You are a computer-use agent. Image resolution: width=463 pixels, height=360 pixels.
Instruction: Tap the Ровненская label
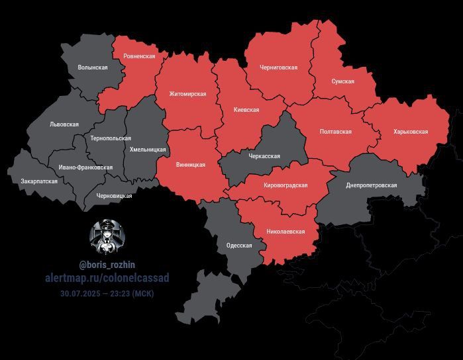(139, 56)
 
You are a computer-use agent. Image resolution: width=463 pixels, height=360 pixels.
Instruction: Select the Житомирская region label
(187, 94)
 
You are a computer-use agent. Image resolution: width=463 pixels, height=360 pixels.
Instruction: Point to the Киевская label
(246, 110)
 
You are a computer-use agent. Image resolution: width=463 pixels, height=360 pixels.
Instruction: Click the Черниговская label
(279, 67)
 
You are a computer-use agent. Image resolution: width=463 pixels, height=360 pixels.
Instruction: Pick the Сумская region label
(342, 81)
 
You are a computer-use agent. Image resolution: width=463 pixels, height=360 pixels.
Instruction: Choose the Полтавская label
(335, 132)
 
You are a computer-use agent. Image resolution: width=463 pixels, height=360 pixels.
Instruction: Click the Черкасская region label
(264, 157)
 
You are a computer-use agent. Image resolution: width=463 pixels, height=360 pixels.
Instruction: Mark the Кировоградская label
(285, 185)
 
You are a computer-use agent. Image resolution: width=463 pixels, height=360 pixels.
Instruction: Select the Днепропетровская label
(371, 185)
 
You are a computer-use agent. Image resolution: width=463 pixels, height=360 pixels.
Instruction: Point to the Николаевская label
(285, 232)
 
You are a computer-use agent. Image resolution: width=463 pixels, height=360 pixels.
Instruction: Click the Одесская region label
(239, 246)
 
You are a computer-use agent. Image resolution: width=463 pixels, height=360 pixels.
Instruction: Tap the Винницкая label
(191, 165)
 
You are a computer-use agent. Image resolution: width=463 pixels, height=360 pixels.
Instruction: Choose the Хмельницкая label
(148, 150)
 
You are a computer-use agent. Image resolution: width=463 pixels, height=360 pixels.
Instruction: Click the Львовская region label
(64, 124)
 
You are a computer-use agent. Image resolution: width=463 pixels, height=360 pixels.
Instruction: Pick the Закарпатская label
(39, 181)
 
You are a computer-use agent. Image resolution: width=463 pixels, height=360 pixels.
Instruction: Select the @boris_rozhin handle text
(107, 265)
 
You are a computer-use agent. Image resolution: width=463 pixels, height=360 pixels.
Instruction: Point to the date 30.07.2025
(81, 293)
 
